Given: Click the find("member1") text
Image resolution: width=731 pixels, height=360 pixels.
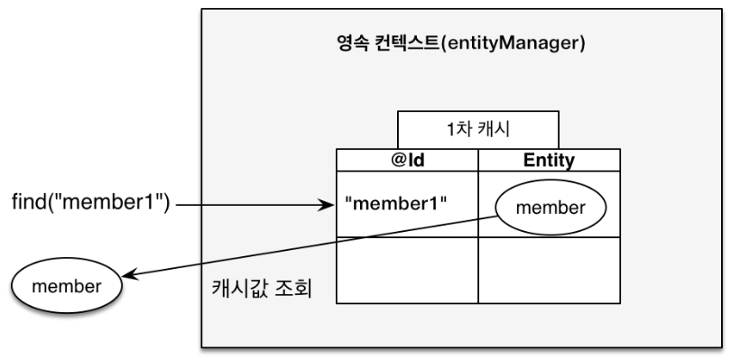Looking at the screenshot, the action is click(90, 204).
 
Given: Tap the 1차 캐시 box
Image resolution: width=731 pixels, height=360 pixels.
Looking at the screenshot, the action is click(477, 130).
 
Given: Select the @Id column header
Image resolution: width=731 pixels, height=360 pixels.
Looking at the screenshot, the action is click(407, 160).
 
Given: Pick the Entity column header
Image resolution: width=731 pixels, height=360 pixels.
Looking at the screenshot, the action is click(550, 160).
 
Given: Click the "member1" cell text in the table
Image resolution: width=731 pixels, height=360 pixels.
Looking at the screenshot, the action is click(396, 204).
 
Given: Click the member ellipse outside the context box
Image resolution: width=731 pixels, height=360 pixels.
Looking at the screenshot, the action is click(67, 286).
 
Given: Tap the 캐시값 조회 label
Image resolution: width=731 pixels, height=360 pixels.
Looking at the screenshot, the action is click(262, 288).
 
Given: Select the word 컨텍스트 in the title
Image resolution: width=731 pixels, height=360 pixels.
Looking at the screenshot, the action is click(406, 43).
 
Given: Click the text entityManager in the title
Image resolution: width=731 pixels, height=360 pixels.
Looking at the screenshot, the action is click(512, 44).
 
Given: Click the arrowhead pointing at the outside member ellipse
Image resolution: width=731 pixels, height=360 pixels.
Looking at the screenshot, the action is click(129, 275).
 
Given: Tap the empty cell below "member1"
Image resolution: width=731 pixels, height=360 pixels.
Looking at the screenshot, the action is click(407, 270).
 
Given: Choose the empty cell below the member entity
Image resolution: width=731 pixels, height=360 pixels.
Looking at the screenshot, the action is click(550, 270).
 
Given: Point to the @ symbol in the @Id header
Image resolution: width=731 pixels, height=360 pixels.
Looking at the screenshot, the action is click(401, 160).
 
